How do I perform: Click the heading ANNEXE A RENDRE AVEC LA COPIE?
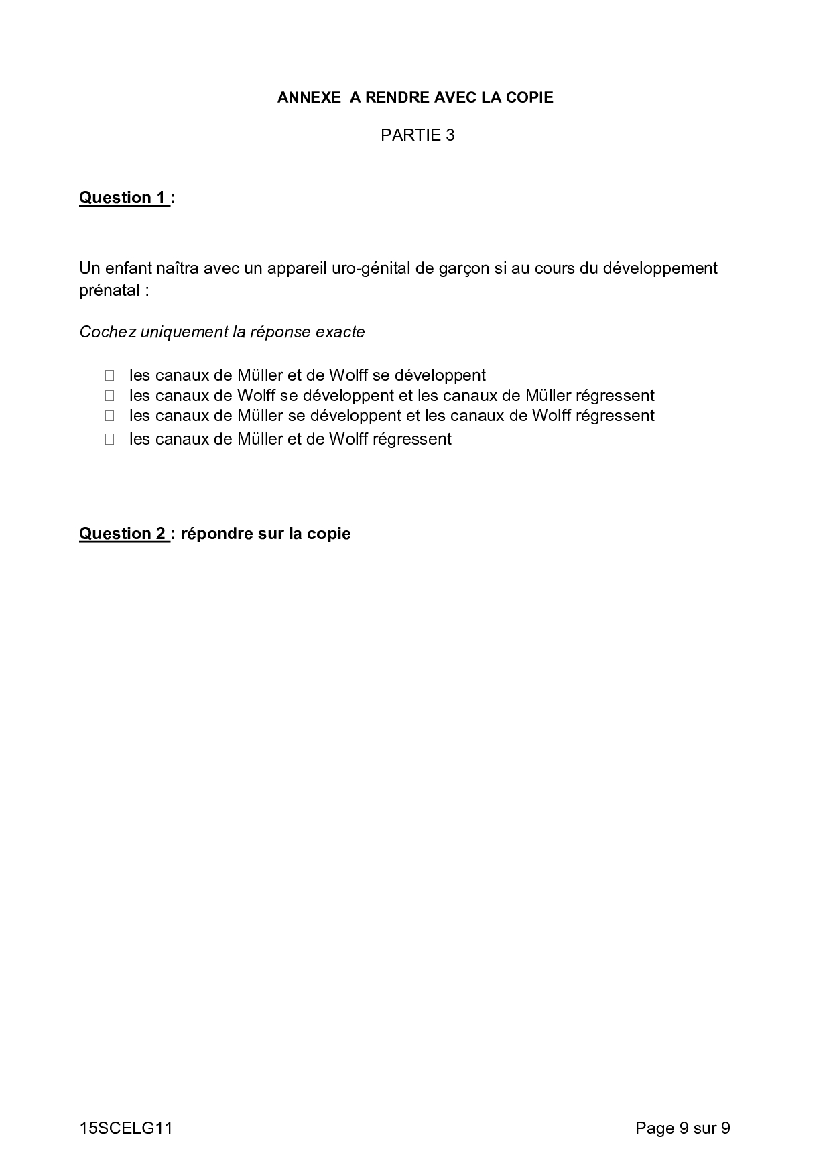click(415, 97)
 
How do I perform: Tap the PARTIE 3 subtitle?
click(418, 135)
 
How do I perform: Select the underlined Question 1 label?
click(123, 198)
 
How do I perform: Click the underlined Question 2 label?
click(123, 534)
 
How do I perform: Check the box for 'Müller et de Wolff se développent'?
click(109, 375)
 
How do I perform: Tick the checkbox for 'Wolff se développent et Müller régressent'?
click(109, 396)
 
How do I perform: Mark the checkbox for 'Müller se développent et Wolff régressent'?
click(109, 416)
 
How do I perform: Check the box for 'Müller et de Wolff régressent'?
click(109, 439)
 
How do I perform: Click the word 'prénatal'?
click(109, 290)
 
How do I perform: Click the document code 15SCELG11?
click(126, 1128)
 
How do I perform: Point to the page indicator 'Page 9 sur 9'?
click(682, 1128)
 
